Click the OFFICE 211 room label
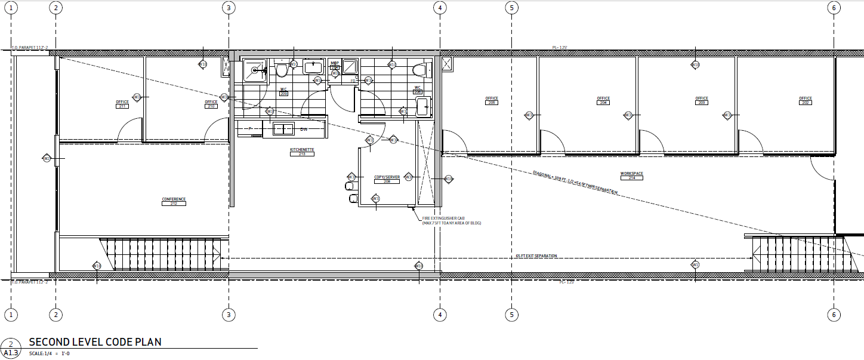pyautogui.click(x=122, y=104)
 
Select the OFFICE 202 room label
pyautogui.click(x=806, y=100)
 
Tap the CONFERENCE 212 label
pyautogui.click(x=174, y=201)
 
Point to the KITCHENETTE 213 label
pyautogui.click(x=302, y=152)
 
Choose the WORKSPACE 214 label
pyautogui.click(x=631, y=176)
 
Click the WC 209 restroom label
pyautogui.click(x=283, y=91)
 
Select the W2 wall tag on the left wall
pyautogui.click(x=47, y=158)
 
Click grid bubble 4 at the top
pyautogui.click(x=440, y=8)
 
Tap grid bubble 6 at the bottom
pyautogui.click(x=834, y=315)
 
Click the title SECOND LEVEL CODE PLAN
pyautogui.click(x=95, y=342)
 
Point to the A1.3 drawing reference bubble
pyautogui.click(x=10, y=348)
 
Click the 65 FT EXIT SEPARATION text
pyautogui.click(x=536, y=256)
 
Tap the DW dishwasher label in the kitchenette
pyautogui.click(x=304, y=129)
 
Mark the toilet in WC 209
pyautogui.click(x=282, y=70)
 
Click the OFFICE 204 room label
pyautogui.click(x=603, y=100)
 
